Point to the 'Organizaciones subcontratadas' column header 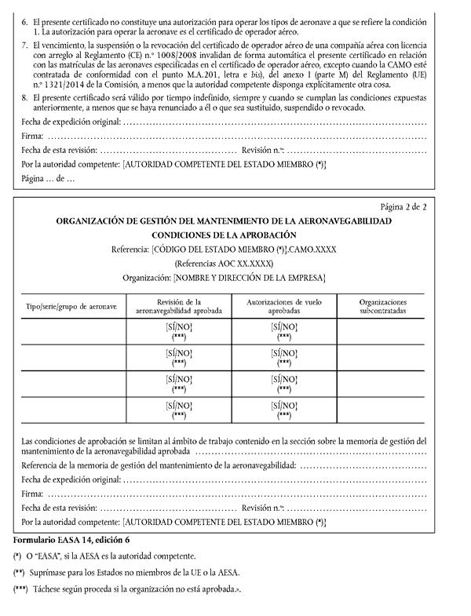(x=382, y=305)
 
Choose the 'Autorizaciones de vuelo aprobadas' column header (x=283, y=305)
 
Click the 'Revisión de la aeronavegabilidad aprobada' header (x=179, y=305)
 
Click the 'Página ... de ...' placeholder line (x=48, y=180)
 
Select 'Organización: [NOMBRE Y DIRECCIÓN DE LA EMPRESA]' (x=224, y=278)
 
